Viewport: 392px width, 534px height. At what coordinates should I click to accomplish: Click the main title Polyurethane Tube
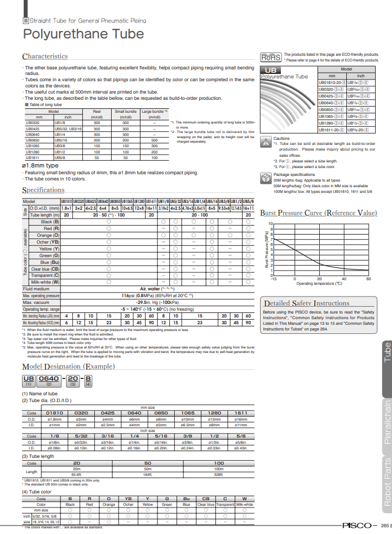tap(83, 34)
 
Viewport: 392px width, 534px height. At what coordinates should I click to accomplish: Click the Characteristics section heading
tap(45, 56)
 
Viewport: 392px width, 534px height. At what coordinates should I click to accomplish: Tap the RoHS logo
tap(271, 57)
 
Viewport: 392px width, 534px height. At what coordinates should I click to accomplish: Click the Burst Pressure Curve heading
tap(318, 213)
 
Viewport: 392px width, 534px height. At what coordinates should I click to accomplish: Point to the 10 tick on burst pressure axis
tap(271, 224)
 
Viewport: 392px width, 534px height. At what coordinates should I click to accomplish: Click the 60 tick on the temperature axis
tap(368, 279)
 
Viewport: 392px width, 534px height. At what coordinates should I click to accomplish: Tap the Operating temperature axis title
tap(319, 284)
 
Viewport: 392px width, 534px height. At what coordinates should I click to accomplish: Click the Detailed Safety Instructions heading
tap(307, 303)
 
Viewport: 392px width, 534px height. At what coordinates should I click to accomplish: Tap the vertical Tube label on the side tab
tap(387, 352)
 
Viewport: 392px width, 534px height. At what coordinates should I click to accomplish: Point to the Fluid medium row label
tap(36, 288)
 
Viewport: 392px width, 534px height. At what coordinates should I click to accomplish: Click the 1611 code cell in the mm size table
tap(241, 413)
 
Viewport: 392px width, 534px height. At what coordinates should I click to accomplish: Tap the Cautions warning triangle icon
tap(266, 142)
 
